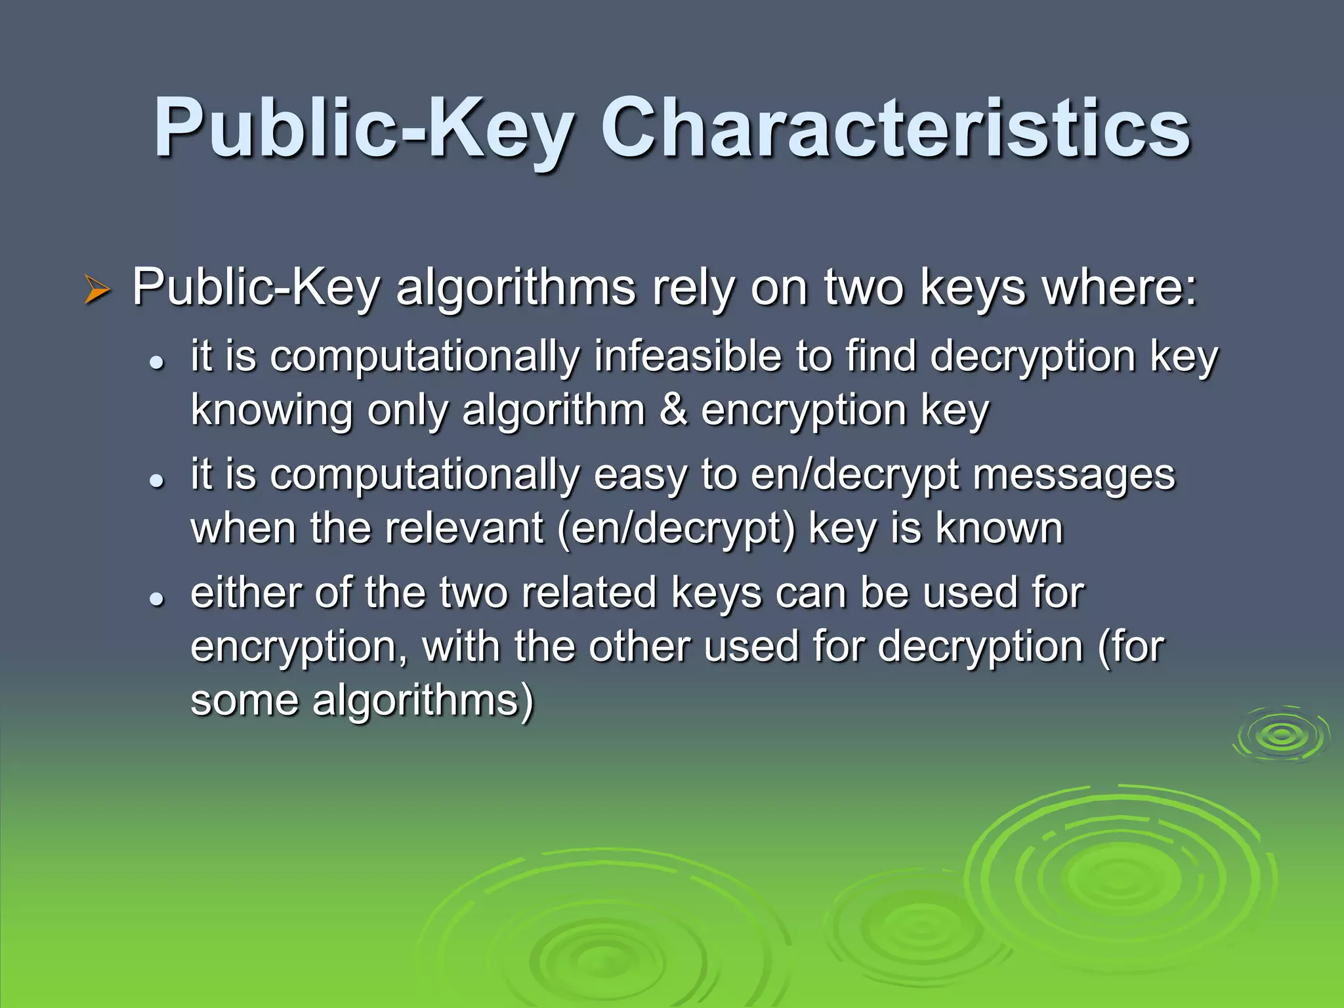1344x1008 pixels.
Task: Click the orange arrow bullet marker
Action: [97, 289]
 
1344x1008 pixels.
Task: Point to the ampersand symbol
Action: [673, 410]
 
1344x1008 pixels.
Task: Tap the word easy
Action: [640, 476]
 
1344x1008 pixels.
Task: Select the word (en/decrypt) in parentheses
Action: [677, 529]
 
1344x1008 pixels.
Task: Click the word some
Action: [244, 700]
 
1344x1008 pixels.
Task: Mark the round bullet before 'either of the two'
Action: [156, 598]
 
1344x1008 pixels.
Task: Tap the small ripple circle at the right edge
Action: [1282, 735]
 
